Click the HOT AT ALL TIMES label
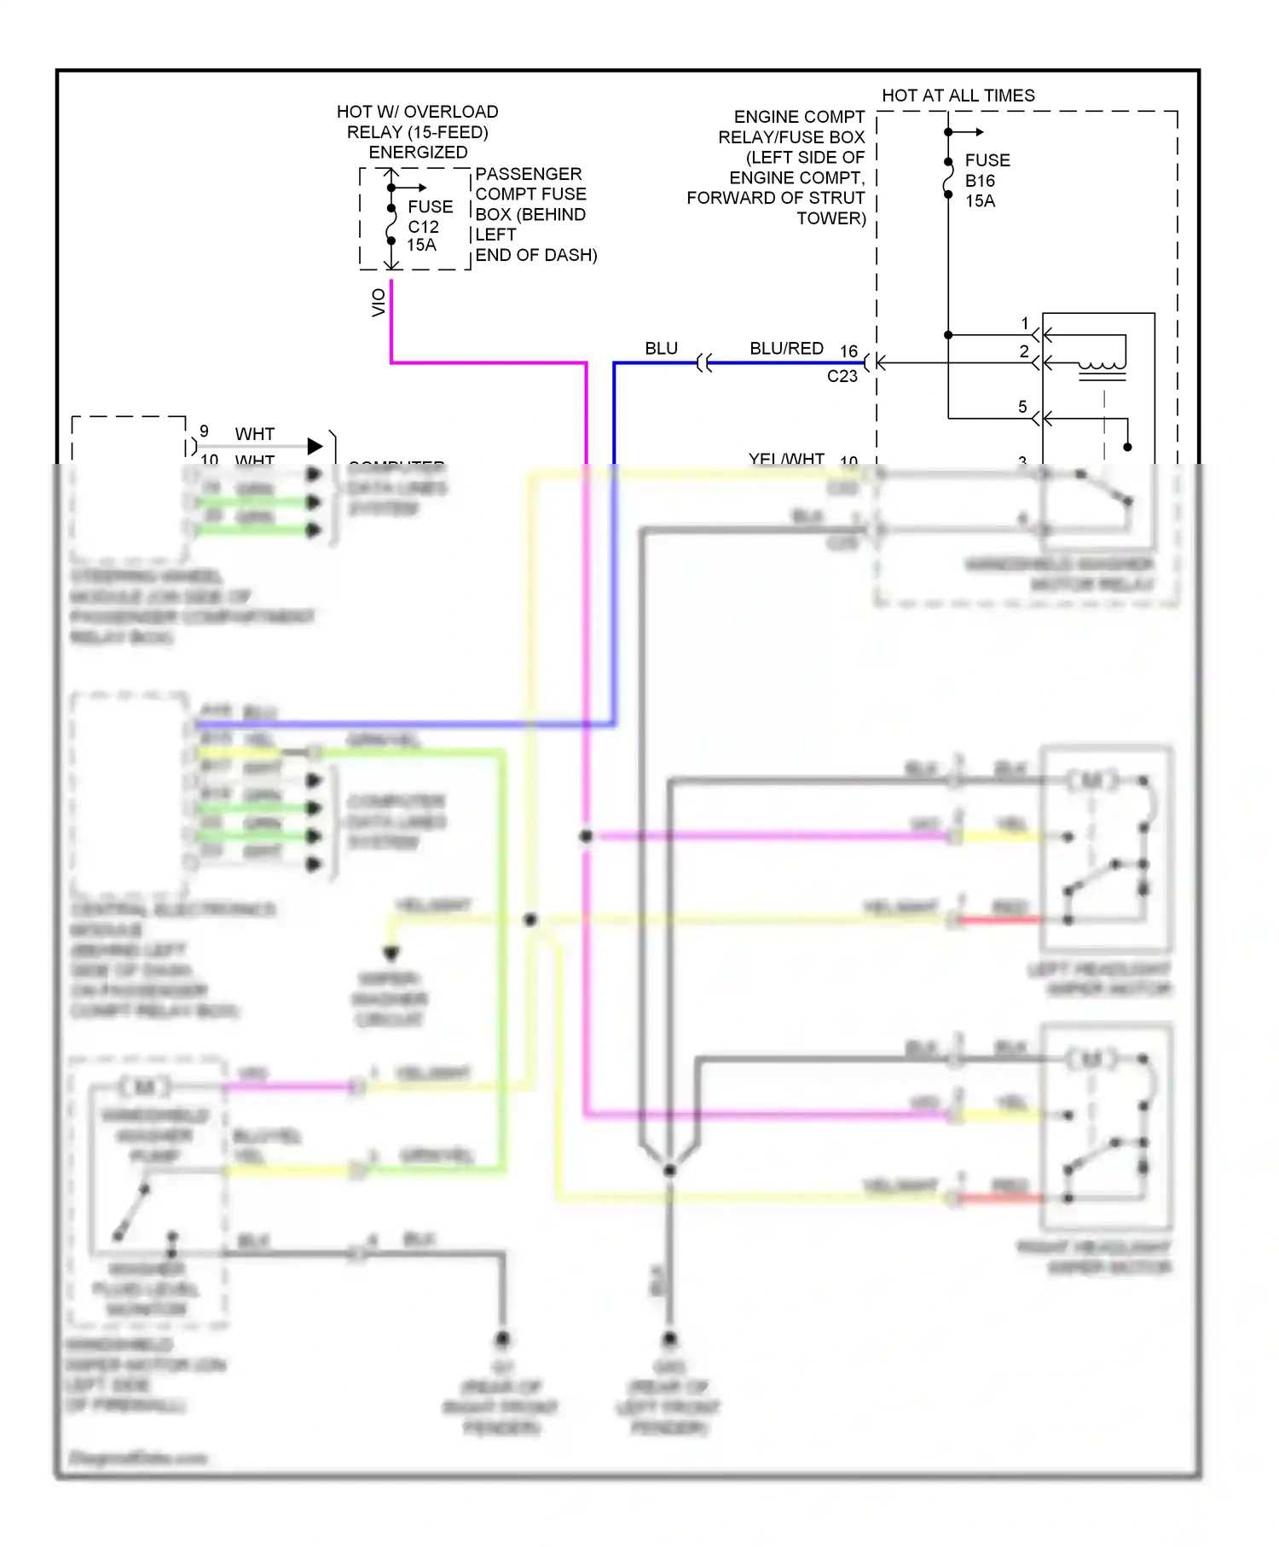coord(958,96)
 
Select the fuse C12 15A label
coord(429,226)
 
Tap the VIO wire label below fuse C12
coord(379,303)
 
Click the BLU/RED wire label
coord(786,349)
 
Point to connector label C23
coord(842,376)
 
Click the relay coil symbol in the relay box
coord(1102,368)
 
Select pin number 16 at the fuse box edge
coord(848,351)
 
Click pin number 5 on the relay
coord(1022,407)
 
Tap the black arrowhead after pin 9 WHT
coord(315,446)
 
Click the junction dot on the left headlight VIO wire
coord(586,837)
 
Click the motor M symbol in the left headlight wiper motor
coord(1092,780)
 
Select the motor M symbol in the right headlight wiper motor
coord(1092,1059)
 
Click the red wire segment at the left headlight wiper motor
coord(1001,920)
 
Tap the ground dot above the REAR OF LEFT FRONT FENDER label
coord(669,1339)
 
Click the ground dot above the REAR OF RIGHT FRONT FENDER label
coord(502,1339)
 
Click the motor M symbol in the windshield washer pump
coord(145,1087)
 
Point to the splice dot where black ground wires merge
coord(669,1170)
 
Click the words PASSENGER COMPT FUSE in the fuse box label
coord(530,184)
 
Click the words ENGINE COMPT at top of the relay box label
coord(799,117)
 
